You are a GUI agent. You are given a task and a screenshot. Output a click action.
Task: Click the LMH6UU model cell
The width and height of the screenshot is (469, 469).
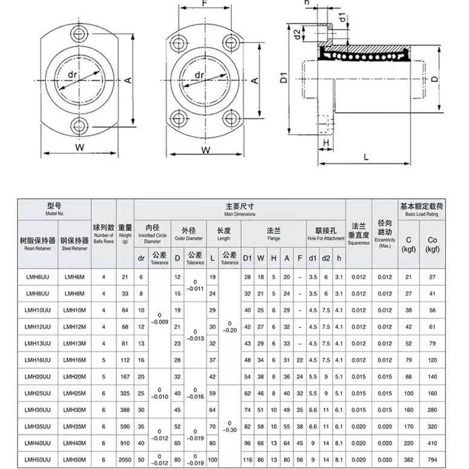click(x=37, y=276)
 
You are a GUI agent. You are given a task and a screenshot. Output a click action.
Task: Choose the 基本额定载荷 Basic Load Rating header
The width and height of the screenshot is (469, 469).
click(x=421, y=210)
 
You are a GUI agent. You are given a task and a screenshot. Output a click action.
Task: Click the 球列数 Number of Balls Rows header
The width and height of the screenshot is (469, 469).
click(x=103, y=233)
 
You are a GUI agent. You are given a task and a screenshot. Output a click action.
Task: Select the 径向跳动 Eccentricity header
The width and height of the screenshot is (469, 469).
click(x=384, y=233)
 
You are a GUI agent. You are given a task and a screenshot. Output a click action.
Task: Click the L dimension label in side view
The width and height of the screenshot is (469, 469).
click(x=367, y=156)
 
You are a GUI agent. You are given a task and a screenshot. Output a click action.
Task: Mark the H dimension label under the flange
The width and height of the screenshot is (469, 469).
click(x=326, y=142)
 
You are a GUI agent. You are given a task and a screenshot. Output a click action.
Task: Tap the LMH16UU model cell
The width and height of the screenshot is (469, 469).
click(x=37, y=360)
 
